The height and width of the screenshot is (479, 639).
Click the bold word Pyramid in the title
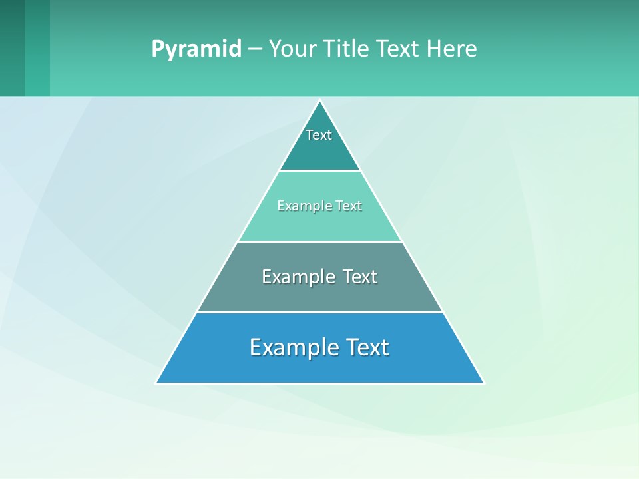tap(196, 49)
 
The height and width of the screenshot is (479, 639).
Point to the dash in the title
tap(255, 49)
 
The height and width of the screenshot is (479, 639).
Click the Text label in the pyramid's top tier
tap(319, 135)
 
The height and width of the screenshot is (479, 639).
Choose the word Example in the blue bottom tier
tap(291, 347)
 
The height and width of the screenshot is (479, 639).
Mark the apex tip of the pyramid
tap(320, 101)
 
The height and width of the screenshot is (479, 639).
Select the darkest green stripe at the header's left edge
tap(12, 48)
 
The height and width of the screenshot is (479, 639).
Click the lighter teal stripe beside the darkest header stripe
tap(37, 48)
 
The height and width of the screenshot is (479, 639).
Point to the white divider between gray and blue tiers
tap(319, 312)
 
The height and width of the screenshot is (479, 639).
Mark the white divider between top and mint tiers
tap(319, 170)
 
